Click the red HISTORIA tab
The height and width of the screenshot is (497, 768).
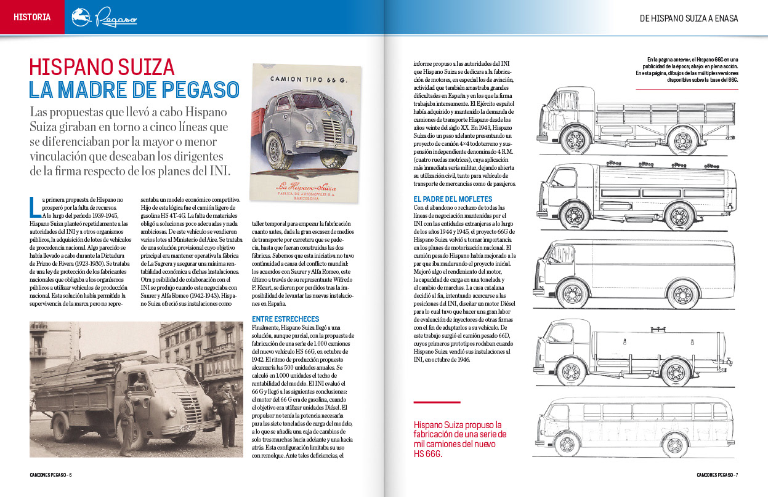pyautogui.click(x=32, y=17)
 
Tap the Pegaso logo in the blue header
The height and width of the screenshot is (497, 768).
pyautogui.click(x=104, y=18)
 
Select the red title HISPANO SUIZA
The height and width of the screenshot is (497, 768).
pyautogui.click(x=102, y=67)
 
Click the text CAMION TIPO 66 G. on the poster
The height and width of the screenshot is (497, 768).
pyautogui.click(x=305, y=79)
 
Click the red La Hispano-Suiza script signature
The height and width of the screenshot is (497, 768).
pyautogui.click(x=306, y=188)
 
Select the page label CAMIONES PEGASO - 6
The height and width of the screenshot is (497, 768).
pyautogui.click(x=51, y=474)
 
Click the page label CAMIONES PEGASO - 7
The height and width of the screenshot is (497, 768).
pyautogui.click(x=717, y=474)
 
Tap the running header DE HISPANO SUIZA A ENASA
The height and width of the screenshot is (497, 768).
pyautogui.click(x=689, y=18)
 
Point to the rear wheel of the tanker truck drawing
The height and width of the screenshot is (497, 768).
pyautogui.click(x=677, y=372)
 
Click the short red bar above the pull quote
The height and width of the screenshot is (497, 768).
pyautogui.click(x=437, y=403)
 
